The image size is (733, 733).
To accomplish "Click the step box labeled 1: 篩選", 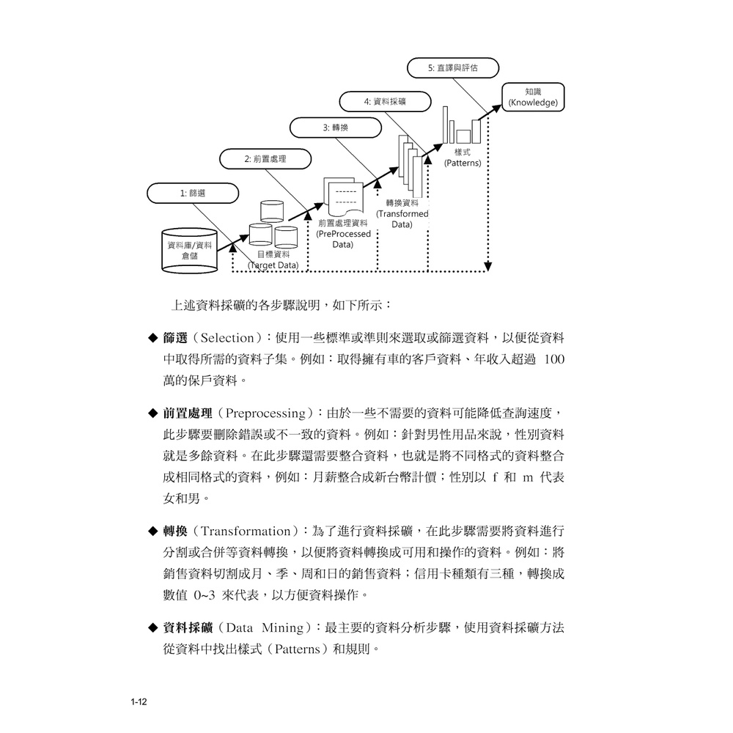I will point(193,193).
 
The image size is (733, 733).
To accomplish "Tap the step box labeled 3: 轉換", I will point(336,128).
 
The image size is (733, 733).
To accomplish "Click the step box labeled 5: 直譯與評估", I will point(452,67).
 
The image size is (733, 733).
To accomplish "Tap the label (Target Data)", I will point(273,265).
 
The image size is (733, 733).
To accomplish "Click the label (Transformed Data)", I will point(402,218).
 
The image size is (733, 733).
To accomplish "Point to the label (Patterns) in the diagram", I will point(463,163).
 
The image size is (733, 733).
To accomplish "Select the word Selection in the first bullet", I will point(226,339).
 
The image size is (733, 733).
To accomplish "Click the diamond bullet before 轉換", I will point(153,531).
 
